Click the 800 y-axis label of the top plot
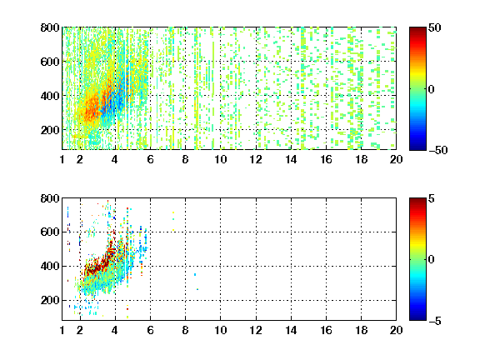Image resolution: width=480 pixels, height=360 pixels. point(50,27)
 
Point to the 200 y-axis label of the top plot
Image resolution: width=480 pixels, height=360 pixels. point(50,130)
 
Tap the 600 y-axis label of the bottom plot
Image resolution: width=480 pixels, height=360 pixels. point(50,232)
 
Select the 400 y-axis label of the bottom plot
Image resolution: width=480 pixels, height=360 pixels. point(50,266)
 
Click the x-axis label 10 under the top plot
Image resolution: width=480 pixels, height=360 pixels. point(220,159)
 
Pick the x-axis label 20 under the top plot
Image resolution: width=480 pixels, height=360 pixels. point(396,159)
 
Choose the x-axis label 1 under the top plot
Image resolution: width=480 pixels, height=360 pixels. point(62,159)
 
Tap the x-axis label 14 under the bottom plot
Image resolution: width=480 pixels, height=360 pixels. point(291,330)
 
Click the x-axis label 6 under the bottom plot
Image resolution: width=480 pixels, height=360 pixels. point(150,330)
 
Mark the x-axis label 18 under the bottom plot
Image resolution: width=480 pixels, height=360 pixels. point(361,330)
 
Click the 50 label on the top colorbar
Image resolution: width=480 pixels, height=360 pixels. point(434,28)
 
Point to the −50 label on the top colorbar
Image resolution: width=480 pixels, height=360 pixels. point(437,150)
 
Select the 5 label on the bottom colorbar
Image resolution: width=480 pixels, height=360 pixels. point(432,199)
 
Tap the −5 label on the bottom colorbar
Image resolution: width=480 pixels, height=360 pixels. point(435,321)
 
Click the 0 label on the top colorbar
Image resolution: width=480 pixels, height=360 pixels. point(432,89)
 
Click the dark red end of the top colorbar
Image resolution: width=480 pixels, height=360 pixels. point(417,29)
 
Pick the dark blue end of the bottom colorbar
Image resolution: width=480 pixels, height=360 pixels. point(417,318)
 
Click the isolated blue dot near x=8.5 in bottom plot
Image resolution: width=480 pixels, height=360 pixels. point(195,275)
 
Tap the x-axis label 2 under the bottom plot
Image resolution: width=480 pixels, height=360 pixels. point(80,330)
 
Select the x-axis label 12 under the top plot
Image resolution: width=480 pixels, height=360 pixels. point(256,159)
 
